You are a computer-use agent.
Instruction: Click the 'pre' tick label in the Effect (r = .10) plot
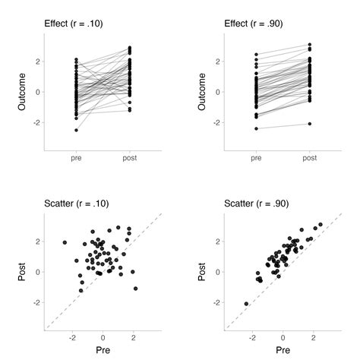pyautogui.click(x=76, y=158)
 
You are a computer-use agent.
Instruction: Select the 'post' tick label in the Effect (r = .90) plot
pyautogui.click(x=310, y=158)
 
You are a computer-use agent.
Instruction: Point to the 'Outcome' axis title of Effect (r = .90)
pyautogui.click(x=203, y=92)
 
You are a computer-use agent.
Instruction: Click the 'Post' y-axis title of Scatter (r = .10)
pyautogui.click(x=23, y=273)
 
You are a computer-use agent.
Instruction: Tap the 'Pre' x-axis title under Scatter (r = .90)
pyautogui.click(x=283, y=350)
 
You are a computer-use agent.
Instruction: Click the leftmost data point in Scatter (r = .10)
pyautogui.click(x=65, y=242)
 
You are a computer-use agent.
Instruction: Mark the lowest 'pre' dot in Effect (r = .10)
pyautogui.click(x=76, y=131)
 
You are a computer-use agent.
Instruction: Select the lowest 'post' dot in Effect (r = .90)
pyautogui.click(x=310, y=124)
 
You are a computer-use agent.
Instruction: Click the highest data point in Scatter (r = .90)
pyautogui.click(x=320, y=224)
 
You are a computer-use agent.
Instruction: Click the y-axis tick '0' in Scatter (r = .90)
pyautogui.click(x=218, y=271)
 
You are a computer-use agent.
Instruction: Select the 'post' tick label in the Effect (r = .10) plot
pyautogui.click(x=130, y=158)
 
